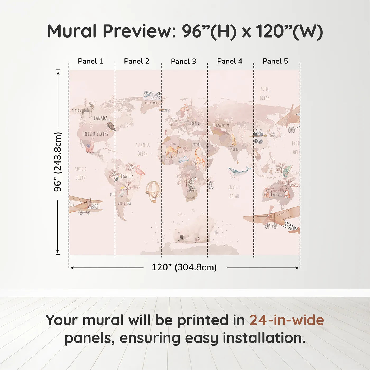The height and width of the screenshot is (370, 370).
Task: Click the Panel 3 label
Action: (183, 61)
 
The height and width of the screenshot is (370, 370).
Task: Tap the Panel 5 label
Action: (275, 61)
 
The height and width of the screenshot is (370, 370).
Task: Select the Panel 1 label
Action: (90, 61)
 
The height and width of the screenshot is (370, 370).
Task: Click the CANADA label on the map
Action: (100, 118)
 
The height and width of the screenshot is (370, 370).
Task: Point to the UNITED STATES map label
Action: (95, 134)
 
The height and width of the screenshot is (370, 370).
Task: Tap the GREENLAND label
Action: (151, 103)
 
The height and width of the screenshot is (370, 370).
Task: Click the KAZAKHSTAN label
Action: (223, 125)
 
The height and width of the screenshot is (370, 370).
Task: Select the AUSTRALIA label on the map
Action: (279, 195)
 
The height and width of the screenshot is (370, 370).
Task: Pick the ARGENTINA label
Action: (124, 203)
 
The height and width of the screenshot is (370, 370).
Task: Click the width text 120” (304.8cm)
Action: (184, 267)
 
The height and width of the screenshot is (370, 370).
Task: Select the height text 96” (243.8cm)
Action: (58, 162)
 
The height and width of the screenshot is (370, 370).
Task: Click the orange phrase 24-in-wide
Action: (287, 320)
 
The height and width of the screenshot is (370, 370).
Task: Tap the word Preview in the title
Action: (137, 31)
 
